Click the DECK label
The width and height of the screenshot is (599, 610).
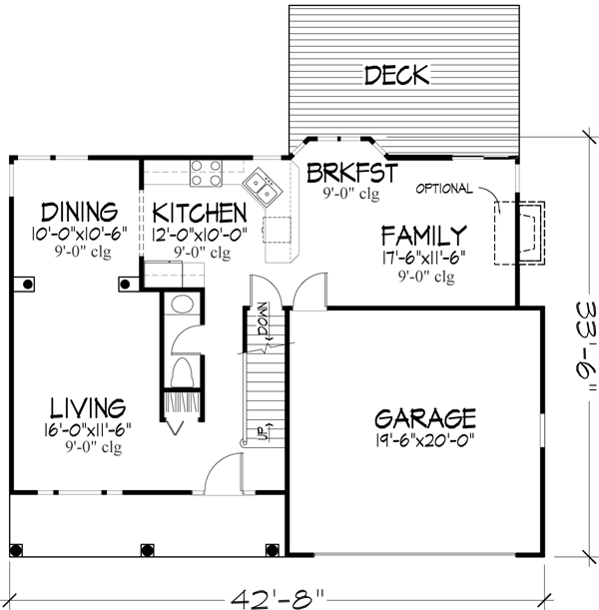coord(396,75)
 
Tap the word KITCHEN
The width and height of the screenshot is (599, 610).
coord(199,214)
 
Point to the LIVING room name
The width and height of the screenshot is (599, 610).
coord(89,407)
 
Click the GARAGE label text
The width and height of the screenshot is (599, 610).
coord(424,417)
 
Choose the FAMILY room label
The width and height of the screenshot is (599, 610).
coord(423,236)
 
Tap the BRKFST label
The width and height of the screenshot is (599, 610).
coord(351,173)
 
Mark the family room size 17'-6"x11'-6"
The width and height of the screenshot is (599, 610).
coord(423,257)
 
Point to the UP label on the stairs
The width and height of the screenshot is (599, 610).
coord(262,431)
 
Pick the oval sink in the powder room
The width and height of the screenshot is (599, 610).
coord(183,305)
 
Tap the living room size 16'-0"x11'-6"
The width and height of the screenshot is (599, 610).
coord(88,429)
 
